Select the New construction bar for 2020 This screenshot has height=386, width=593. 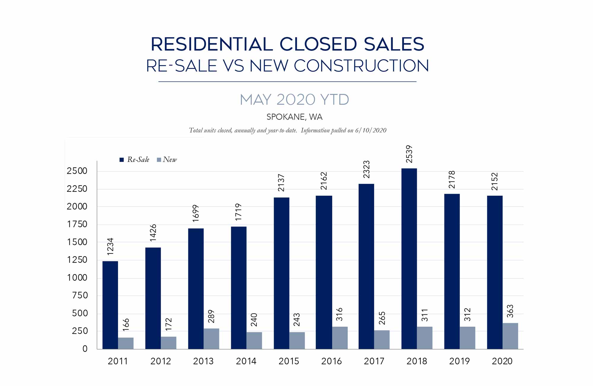click(x=510, y=336)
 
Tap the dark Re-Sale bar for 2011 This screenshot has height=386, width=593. click(x=110, y=305)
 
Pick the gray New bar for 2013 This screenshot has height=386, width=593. click(x=211, y=339)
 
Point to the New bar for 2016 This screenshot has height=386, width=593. click(x=340, y=338)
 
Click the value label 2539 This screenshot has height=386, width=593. click(x=409, y=154)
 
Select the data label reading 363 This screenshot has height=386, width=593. click(x=510, y=311)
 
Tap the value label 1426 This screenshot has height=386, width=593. click(x=153, y=233)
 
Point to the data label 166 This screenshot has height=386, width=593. click(x=126, y=325)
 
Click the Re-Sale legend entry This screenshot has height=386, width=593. click(x=135, y=160)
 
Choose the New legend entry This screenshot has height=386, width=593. click(x=167, y=160)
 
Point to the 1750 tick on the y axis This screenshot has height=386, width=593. click(x=77, y=224)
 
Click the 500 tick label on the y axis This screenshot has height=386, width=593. click(x=80, y=313)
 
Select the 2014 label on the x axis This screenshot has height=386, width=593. click(x=246, y=361)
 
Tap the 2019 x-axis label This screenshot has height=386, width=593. click(x=459, y=361)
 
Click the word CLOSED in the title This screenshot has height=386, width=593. click(x=318, y=44)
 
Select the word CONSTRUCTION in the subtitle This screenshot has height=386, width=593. click(x=361, y=66)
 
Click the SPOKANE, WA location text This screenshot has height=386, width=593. click(x=294, y=117)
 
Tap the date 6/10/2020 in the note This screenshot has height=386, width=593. click(x=371, y=131)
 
